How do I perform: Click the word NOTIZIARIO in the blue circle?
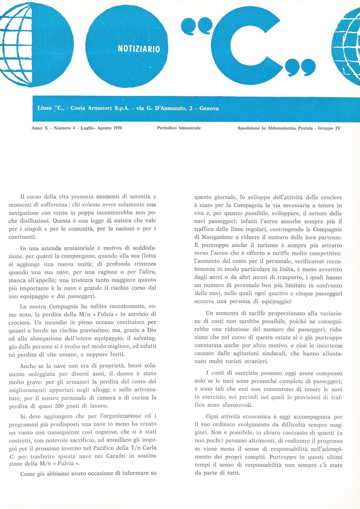(139, 49)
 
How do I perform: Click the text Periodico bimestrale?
(179, 128)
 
